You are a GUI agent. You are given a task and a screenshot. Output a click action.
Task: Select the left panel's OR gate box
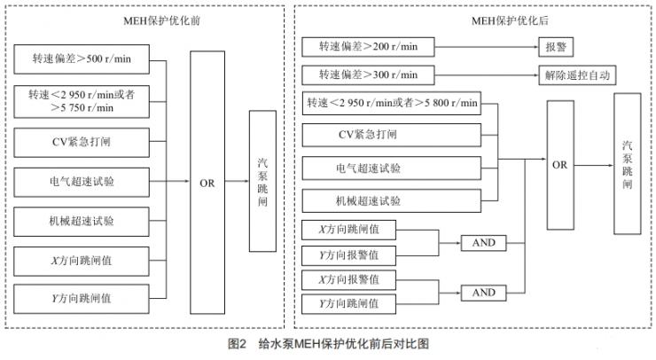click(x=207, y=182)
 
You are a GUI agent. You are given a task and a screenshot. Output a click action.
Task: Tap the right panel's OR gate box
click(x=559, y=164)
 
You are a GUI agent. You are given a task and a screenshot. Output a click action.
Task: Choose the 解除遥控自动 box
click(x=575, y=74)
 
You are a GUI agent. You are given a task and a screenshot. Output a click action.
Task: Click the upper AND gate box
click(x=483, y=242)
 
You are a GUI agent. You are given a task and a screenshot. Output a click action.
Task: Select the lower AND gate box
click(x=483, y=292)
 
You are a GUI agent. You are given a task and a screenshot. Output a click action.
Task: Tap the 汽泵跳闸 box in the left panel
click(x=262, y=181)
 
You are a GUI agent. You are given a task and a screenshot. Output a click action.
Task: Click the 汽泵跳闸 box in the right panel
click(x=627, y=166)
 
